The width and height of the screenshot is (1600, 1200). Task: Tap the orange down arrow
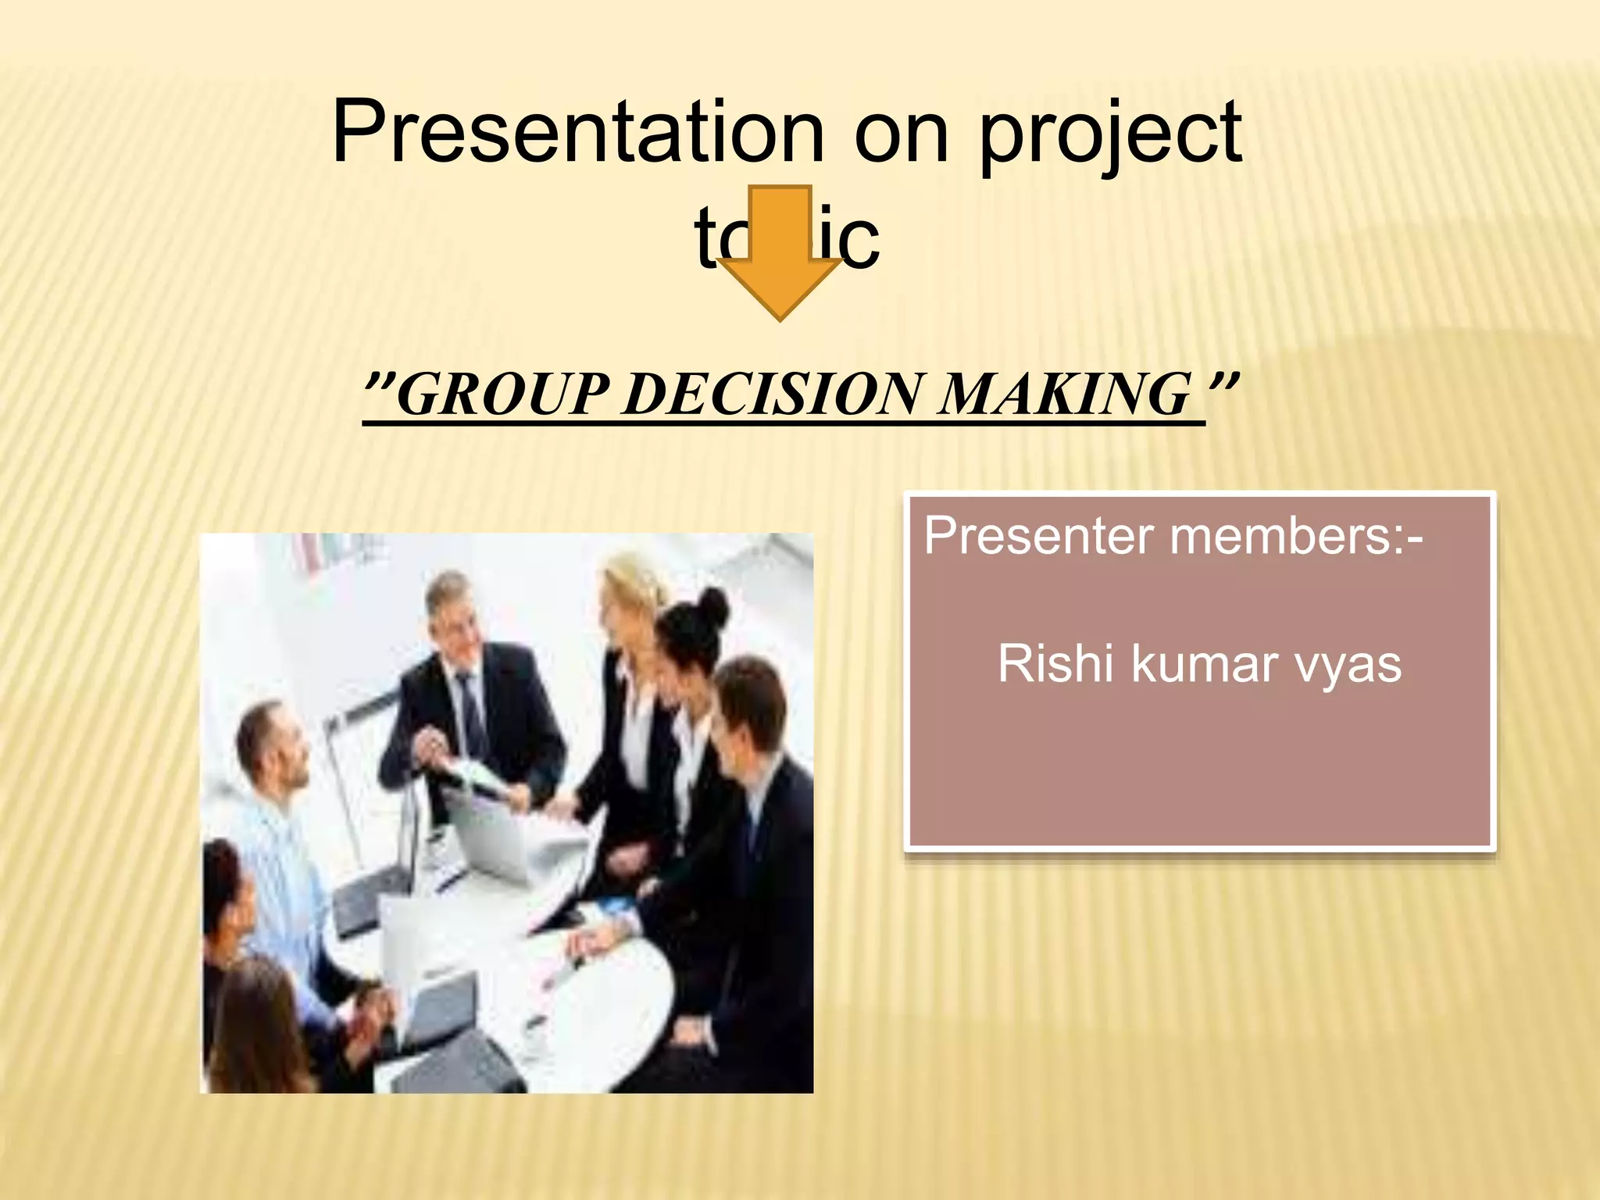tap(780, 258)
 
